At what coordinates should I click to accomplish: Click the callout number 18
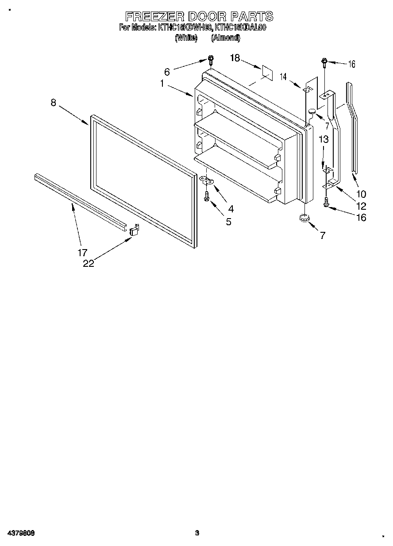point(235,58)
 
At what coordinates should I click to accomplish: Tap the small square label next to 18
point(266,72)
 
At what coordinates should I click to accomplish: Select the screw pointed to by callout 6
point(211,60)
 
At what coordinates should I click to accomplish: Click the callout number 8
point(53,103)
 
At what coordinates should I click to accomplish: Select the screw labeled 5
point(207,197)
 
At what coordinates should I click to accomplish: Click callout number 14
point(283,76)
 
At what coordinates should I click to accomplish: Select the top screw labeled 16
point(324,62)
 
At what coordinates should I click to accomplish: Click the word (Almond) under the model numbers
point(225,38)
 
